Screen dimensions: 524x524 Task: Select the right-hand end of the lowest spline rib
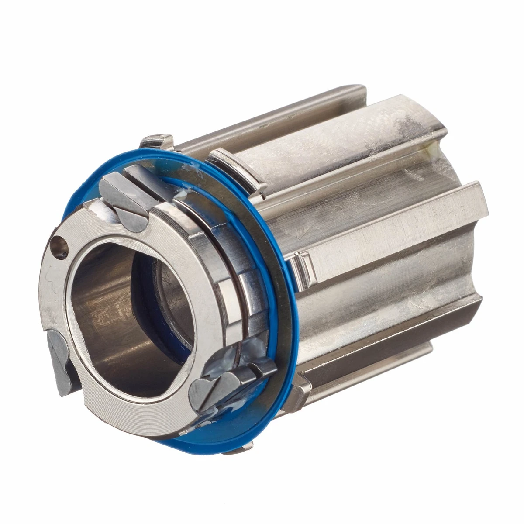[426, 349]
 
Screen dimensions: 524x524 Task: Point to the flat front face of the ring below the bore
[131, 408]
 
